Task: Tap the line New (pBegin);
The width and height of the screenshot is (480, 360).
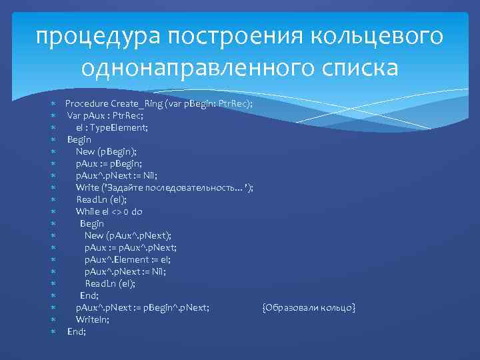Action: (106, 152)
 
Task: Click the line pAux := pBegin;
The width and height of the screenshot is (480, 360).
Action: (109, 164)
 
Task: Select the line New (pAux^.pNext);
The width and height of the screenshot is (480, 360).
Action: (127, 236)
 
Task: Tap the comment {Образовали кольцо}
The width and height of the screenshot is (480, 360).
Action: (309, 307)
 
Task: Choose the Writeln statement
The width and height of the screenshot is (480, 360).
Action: (93, 319)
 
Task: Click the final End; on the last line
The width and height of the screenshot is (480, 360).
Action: (77, 331)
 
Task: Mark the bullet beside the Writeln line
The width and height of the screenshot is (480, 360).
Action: (53, 319)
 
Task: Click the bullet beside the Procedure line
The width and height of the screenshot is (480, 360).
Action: (53, 104)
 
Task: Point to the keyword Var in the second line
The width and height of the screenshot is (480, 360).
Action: (74, 116)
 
